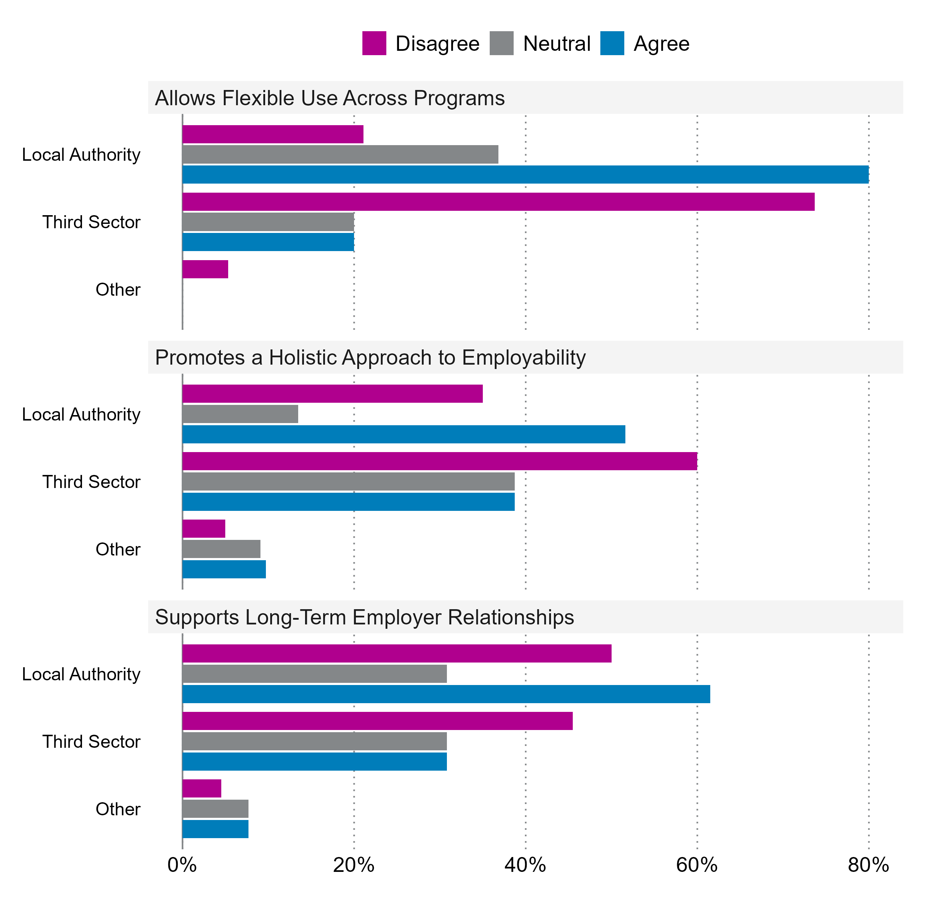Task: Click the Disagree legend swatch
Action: pos(374,44)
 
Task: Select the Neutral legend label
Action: pos(556,44)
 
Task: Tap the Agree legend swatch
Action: pos(612,44)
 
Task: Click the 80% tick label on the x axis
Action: pos(868,865)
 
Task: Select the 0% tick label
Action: pos(182,865)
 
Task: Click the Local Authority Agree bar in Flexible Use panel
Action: pos(525,174)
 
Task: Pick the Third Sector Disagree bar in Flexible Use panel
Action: pos(498,202)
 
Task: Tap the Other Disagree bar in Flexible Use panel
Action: pos(205,269)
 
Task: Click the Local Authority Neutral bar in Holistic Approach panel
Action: pos(240,414)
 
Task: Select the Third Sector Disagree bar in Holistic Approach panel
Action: pos(439,461)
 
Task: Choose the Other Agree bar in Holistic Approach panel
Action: pos(224,569)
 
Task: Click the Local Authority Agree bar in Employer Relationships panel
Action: pos(446,694)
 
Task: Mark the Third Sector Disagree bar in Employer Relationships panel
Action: pos(378,721)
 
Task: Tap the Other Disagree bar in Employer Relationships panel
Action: pos(202,788)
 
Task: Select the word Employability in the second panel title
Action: pos(524,358)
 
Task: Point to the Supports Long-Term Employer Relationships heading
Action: pos(364,618)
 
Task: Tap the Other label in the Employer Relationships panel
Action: pos(118,809)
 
